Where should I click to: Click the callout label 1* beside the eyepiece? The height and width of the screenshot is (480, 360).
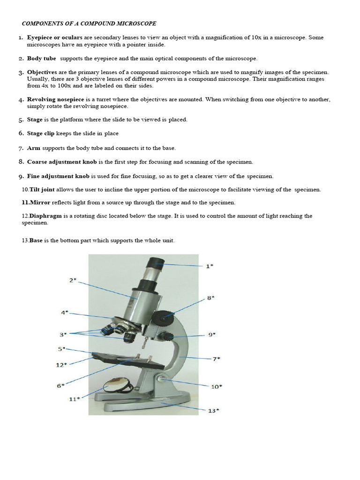[210, 266]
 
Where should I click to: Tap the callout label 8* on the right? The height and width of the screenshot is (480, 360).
[210, 297]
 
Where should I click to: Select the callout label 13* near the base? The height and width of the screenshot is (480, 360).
[213, 411]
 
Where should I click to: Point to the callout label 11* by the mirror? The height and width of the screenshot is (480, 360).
[75, 398]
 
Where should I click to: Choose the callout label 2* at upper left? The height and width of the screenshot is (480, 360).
[73, 280]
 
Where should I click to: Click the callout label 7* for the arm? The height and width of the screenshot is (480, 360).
[217, 359]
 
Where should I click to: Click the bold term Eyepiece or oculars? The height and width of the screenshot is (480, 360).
[55, 37]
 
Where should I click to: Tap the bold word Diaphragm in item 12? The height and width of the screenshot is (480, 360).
[45, 216]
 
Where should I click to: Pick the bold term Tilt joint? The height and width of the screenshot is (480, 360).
[42, 189]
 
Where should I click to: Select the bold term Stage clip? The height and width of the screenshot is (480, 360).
[41, 134]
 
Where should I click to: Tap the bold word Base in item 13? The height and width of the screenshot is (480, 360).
[36, 240]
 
